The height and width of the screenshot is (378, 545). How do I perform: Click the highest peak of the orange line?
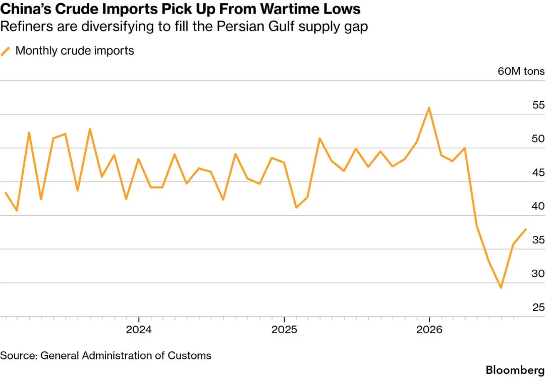pyautogui.click(x=429, y=107)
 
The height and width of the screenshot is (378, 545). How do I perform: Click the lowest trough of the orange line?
pyautogui.click(x=501, y=288)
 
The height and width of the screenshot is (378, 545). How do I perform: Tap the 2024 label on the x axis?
pyautogui.click(x=139, y=330)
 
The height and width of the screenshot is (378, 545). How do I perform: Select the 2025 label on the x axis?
pyautogui.click(x=284, y=330)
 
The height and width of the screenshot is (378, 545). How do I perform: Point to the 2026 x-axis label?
pyautogui.click(x=429, y=330)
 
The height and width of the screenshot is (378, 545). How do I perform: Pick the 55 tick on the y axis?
pyautogui.click(x=538, y=105)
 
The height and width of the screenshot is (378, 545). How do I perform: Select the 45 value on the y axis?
pyautogui.click(x=538, y=173)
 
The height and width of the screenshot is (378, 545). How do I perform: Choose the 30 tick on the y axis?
pyautogui.click(x=538, y=274)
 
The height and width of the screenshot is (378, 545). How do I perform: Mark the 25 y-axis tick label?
pyautogui.click(x=538, y=308)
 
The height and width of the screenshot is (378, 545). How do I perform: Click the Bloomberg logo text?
pyautogui.click(x=515, y=370)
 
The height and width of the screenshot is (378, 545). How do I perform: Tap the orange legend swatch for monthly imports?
pyautogui.click(x=6, y=51)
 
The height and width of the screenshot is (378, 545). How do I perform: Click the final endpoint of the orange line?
pyautogui.click(x=525, y=229)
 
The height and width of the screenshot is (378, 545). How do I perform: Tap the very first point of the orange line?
pyautogui.click(x=5, y=193)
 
